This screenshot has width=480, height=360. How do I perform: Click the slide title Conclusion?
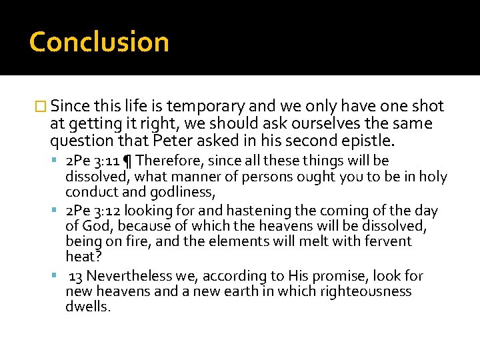(99, 41)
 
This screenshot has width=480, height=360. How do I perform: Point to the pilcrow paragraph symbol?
(128, 161)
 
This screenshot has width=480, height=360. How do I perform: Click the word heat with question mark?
(80, 257)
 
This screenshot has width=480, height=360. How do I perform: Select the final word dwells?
(87, 307)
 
